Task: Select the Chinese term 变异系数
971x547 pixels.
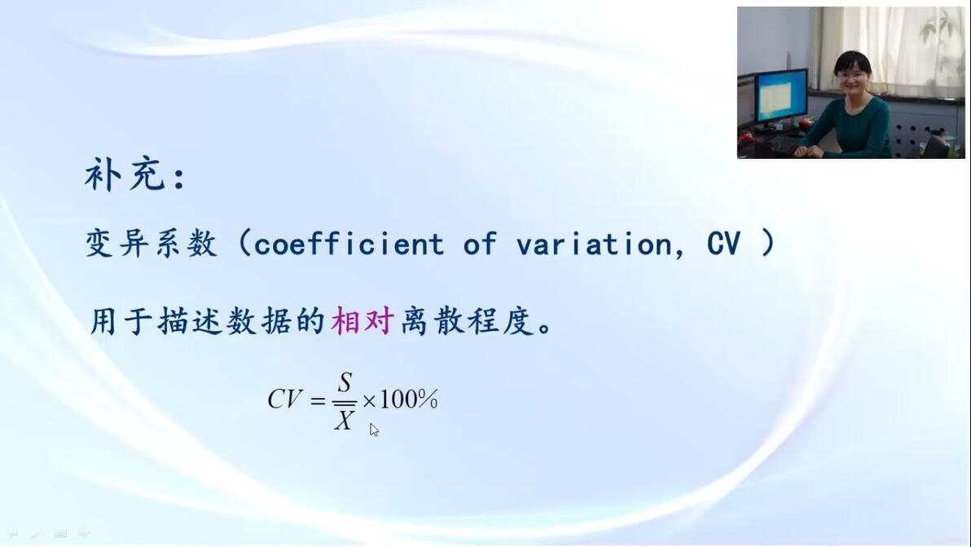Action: [x=152, y=243]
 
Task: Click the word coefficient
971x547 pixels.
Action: [x=349, y=243]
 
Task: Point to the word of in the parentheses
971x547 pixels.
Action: [x=480, y=243]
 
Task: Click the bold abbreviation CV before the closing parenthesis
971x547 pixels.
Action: [x=723, y=244]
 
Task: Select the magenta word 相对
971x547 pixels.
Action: [x=362, y=321]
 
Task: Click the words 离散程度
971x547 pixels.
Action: [x=467, y=321]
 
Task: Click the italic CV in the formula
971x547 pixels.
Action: [x=285, y=399]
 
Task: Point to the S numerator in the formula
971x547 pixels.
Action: [x=345, y=382]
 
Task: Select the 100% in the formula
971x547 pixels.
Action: [x=409, y=399]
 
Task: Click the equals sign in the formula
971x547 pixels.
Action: [x=318, y=401]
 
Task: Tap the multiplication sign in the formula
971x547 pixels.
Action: [x=369, y=401]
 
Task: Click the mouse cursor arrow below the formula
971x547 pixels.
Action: [x=373, y=430]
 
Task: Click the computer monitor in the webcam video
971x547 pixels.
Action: [x=781, y=97]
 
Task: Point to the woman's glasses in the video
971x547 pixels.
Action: [x=850, y=75]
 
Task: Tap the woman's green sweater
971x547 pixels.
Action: [x=852, y=127]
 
